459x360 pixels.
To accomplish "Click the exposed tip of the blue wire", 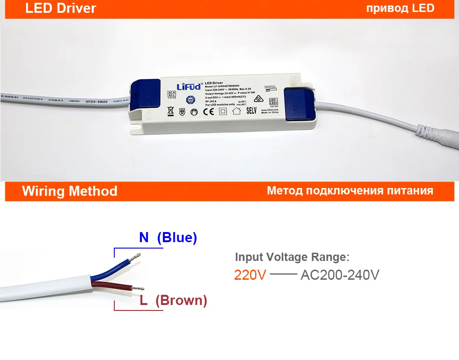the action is (136, 257).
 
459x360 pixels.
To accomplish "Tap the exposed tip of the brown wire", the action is (138, 288).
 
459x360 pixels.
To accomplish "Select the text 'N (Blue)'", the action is (168, 238).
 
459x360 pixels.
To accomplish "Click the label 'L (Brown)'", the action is (174, 301).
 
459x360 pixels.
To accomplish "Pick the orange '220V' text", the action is (250, 275).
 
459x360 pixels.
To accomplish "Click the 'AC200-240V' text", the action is (340, 275).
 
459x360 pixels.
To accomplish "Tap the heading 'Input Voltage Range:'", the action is (292, 257).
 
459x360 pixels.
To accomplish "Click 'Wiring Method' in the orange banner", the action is (70, 191).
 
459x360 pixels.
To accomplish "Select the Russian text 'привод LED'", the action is (400, 8).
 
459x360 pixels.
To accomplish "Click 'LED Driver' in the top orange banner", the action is (61, 8).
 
